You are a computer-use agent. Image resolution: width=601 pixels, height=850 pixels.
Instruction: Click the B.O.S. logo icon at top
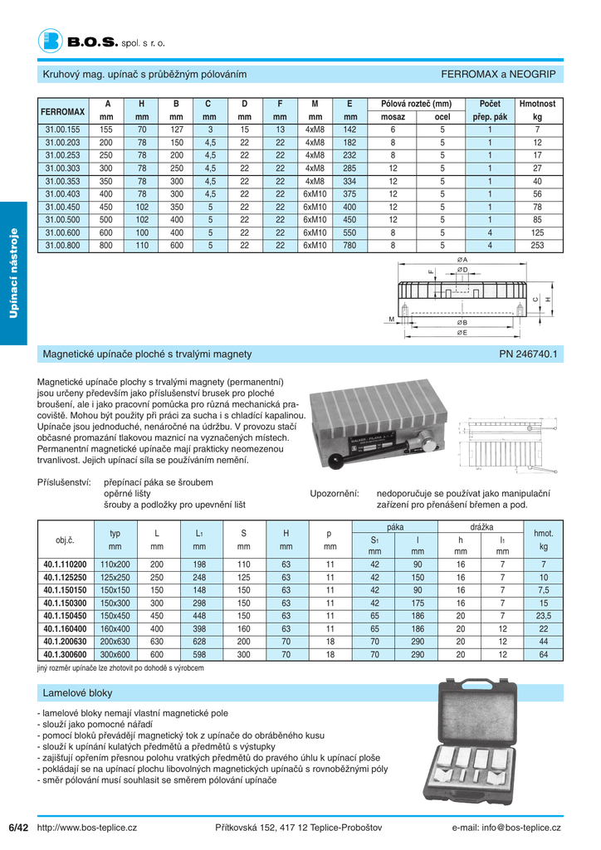(x=51, y=40)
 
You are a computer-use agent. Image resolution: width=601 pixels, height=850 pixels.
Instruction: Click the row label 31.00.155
(x=62, y=129)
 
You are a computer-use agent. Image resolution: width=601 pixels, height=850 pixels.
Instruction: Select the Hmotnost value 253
(x=537, y=246)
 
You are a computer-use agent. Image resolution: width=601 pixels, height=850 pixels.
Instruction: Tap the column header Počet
(x=490, y=104)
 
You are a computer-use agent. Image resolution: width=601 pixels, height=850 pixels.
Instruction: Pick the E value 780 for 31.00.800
(x=349, y=246)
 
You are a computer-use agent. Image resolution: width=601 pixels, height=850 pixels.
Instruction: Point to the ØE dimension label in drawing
(x=462, y=333)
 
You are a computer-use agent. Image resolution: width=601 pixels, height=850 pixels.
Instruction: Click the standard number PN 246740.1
(x=529, y=354)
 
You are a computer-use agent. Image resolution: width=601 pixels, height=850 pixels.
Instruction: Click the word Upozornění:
(x=335, y=493)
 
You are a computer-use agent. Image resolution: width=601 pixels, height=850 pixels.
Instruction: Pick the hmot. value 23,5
(x=544, y=616)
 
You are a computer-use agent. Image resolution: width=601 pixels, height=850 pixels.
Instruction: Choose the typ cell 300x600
(x=115, y=655)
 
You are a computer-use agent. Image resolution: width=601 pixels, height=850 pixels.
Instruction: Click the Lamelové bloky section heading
(x=77, y=692)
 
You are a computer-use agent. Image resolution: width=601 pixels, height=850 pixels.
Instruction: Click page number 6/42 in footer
(x=18, y=828)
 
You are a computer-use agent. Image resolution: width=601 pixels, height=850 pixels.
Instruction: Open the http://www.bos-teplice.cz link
(x=87, y=828)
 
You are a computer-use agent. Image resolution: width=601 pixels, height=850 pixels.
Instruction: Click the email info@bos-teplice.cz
(x=506, y=828)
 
